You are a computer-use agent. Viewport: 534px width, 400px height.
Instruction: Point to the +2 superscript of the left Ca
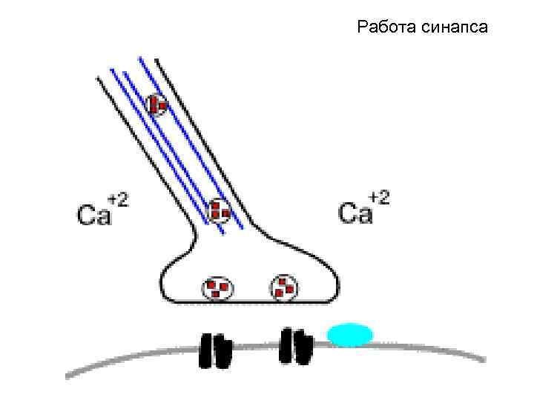[x=118, y=199]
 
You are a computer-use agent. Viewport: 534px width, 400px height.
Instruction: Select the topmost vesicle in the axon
[x=157, y=105]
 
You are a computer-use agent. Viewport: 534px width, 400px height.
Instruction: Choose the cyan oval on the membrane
[x=350, y=335]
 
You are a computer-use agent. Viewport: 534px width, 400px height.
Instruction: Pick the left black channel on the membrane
[x=215, y=350]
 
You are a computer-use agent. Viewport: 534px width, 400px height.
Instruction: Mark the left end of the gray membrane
[x=68, y=375]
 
